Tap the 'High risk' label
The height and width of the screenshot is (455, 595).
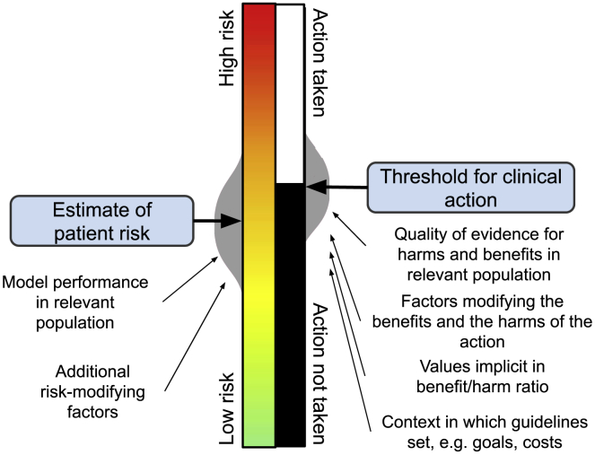pos(229,48)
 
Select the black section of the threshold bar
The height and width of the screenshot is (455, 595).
pos(288,314)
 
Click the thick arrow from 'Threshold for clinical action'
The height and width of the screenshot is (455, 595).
pos(337,187)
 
